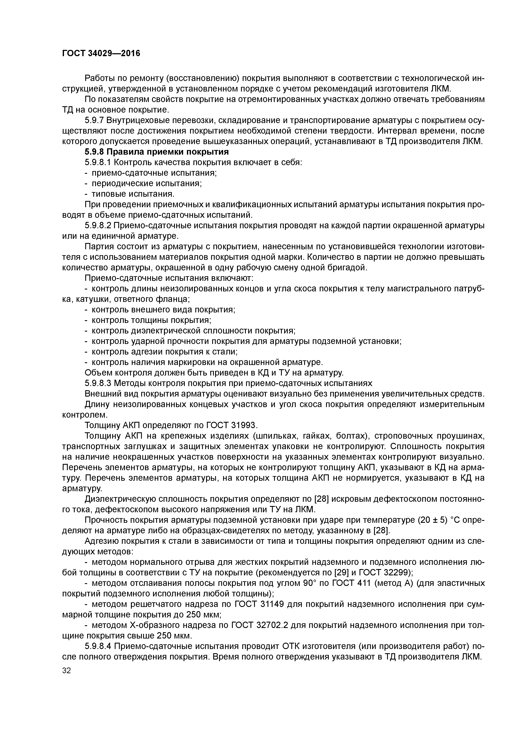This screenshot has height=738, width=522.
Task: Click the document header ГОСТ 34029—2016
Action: (x=101, y=53)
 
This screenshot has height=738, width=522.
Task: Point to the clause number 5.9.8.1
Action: (x=98, y=162)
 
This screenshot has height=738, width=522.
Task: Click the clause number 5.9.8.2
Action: (x=98, y=226)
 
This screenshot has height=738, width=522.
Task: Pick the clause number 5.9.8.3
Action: (x=98, y=383)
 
